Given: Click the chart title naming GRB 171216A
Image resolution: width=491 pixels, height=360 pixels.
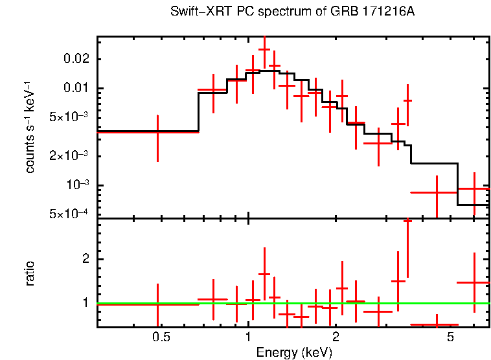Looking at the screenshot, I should click(293, 12).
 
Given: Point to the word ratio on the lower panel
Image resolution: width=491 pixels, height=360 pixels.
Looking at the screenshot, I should click(30, 274).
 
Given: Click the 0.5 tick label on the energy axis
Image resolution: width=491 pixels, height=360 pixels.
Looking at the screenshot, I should click(161, 337).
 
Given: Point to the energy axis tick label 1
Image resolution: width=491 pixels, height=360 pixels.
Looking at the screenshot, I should click(248, 337).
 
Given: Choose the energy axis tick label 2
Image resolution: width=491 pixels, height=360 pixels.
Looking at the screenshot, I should click(336, 337).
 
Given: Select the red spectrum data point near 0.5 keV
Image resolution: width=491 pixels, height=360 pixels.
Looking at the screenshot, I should click(158, 131).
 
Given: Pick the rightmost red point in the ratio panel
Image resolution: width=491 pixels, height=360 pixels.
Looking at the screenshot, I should click(474, 282).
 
